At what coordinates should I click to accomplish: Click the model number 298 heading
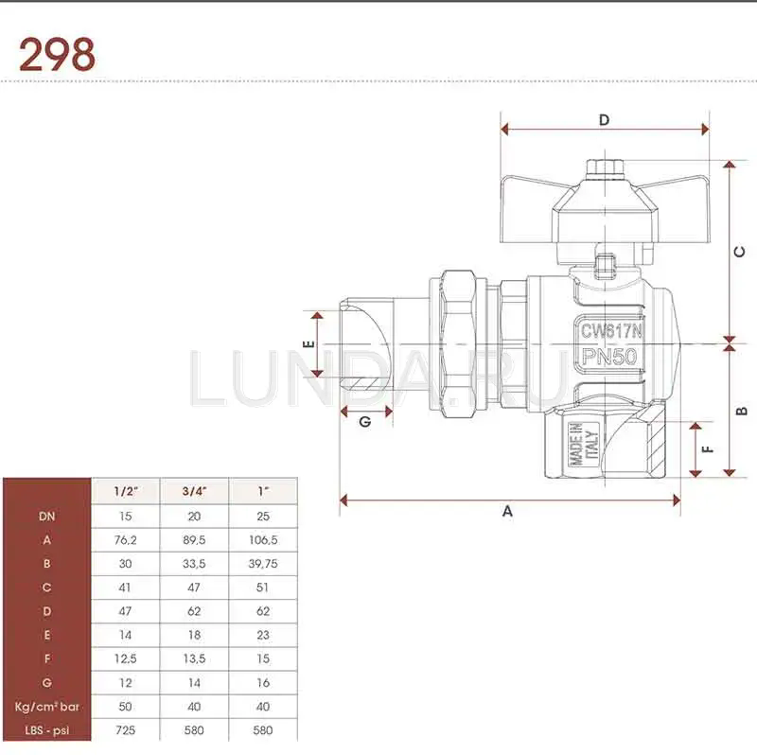[x=57, y=56]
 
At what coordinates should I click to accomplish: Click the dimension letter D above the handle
[x=604, y=119]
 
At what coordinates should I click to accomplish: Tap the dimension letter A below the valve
[x=507, y=511]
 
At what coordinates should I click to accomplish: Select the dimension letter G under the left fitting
[x=364, y=423]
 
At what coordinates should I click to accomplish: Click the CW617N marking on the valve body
[x=611, y=331]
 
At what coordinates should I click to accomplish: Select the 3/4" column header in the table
[x=194, y=491]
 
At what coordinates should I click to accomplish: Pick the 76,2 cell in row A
[x=125, y=540]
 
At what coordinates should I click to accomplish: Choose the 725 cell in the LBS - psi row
[x=125, y=731]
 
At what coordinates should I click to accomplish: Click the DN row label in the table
[x=46, y=517]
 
